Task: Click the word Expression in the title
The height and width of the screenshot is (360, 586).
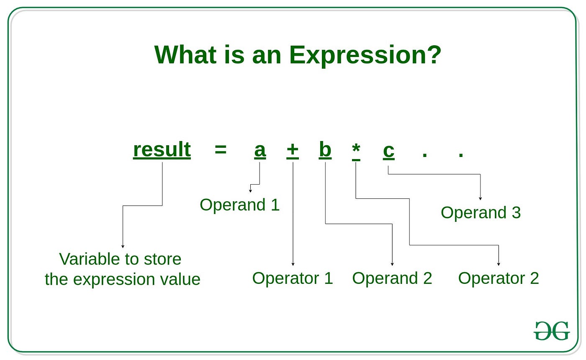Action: (358, 56)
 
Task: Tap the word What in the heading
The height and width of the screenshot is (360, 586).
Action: (185, 54)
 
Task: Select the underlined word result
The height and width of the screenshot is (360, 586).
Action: (162, 150)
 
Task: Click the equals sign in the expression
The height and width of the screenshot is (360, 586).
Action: (221, 150)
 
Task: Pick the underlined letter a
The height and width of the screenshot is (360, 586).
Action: (260, 151)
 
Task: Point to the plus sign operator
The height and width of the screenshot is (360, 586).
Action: (293, 150)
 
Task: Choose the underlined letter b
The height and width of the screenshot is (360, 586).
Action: (325, 150)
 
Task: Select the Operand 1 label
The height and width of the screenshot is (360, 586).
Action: (239, 205)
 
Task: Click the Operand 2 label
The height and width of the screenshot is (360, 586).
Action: (392, 278)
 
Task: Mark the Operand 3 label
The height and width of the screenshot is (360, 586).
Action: (481, 213)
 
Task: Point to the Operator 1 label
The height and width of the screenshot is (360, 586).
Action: (293, 278)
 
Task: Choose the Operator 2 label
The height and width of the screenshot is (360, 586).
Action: (499, 278)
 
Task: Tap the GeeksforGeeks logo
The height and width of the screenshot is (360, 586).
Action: (552, 331)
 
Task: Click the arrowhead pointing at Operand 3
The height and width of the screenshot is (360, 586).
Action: (481, 198)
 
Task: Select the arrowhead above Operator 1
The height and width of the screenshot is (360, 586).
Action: (293, 264)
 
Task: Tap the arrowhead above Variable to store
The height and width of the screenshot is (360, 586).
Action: (123, 246)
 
